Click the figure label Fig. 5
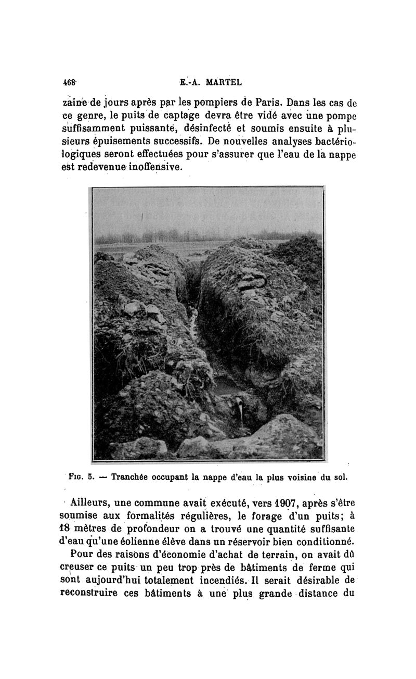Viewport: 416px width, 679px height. pos(81,476)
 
